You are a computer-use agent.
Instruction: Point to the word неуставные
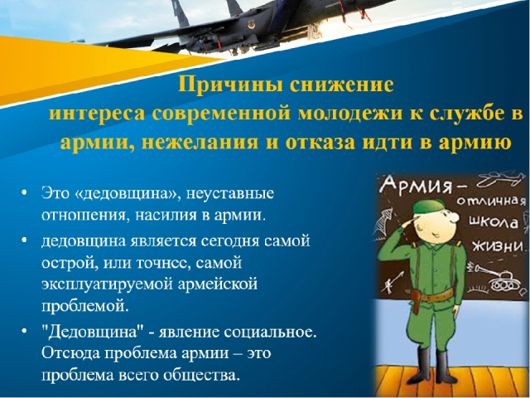pyautogui.click(x=230, y=194)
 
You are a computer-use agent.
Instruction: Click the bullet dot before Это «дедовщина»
pyautogui.click(x=24, y=193)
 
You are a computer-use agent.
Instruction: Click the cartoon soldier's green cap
pyautogui.click(x=429, y=206)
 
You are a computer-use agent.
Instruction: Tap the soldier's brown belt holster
pyautogui.click(x=416, y=301)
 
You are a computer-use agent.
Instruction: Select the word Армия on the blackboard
pyautogui.click(x=417, y=185)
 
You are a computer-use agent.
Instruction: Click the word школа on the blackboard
pyautogui.click(x=494, y=222)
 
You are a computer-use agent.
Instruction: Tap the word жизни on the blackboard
pyautogui.click(x=497, y=246)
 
